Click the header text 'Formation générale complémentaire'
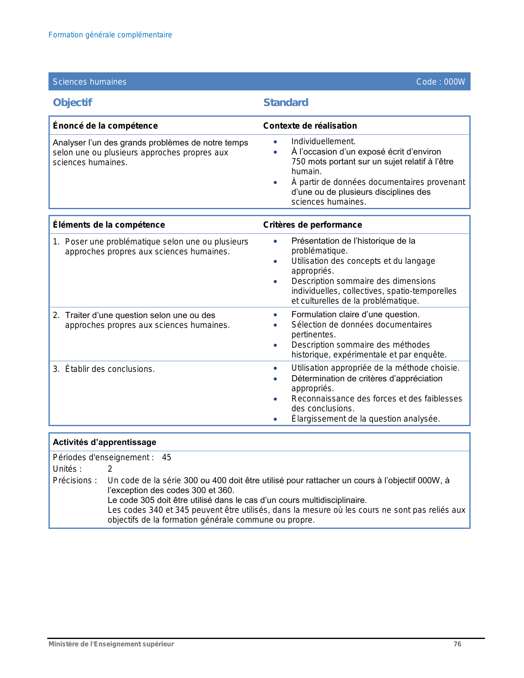tap(110, 35)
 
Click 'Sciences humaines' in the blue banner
tap(90, 82)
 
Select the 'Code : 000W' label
tap(441, 82)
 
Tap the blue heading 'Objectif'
tap(72, 102)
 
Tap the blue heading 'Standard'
tap(286, 102)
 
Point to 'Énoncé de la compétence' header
tap(105, 126)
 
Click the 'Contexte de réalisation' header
tap(310, 126)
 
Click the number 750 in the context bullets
tap(298, 161)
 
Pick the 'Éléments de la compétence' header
tap(109, 225)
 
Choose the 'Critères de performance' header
tap(312, 225)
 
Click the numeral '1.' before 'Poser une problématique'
tap(56, 242)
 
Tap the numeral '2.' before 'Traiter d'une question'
tap(56, 315)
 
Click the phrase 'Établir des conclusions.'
tap(110, 369)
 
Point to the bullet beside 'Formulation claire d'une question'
tap(275, 315)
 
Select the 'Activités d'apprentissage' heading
tap(104, 442)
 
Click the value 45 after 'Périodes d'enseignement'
tap(166, 457)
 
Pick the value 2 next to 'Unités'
tap(110, 469)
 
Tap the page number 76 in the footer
tap(457, 644)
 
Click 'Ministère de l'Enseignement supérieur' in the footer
tap(111, 644)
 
